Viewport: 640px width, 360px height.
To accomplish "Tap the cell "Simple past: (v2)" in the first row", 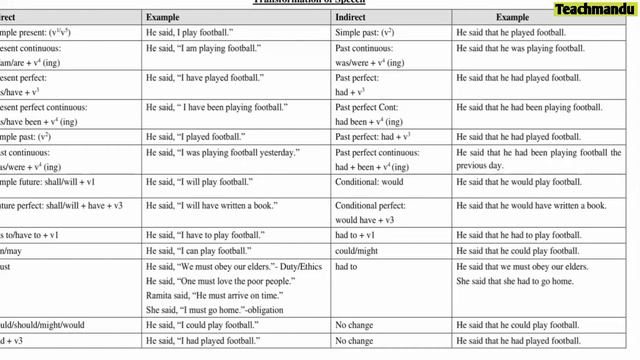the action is pyautogui.click(x=364, y=33).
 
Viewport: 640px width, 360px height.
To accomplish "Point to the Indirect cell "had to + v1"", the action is pyautogui.click(x=356, y=233).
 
